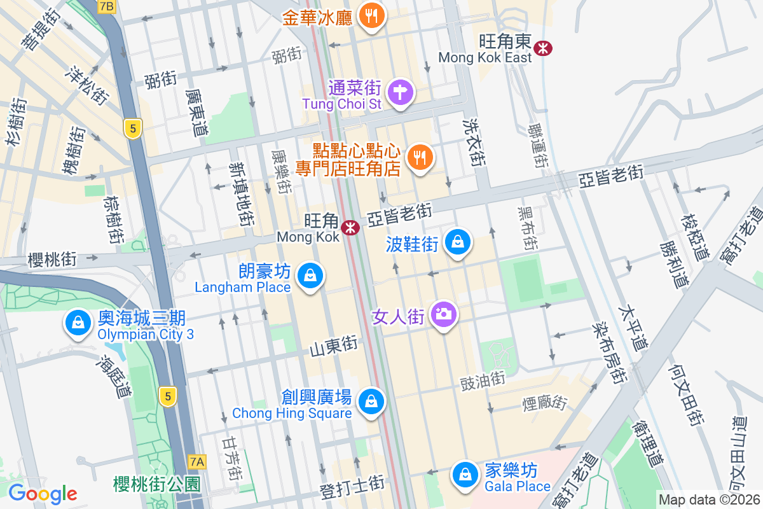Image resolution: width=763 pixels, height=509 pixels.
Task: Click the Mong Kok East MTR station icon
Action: [x=543, y=48]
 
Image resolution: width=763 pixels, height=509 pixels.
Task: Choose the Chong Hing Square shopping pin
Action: [x=371, y=401]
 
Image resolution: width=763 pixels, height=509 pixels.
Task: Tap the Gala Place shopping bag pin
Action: [x=465, y=475]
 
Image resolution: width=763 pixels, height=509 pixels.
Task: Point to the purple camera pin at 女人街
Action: [x=444, y=314]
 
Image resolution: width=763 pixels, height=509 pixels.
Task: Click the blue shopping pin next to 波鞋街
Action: [x=457, y=242]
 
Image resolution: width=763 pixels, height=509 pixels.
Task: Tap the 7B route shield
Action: [x=107, y=6]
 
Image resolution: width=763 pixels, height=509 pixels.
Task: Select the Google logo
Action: [x=43, y=494]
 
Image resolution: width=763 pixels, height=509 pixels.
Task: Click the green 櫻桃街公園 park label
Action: [x=156, y=484]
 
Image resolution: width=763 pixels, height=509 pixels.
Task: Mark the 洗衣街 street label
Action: [x=474, y=143]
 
